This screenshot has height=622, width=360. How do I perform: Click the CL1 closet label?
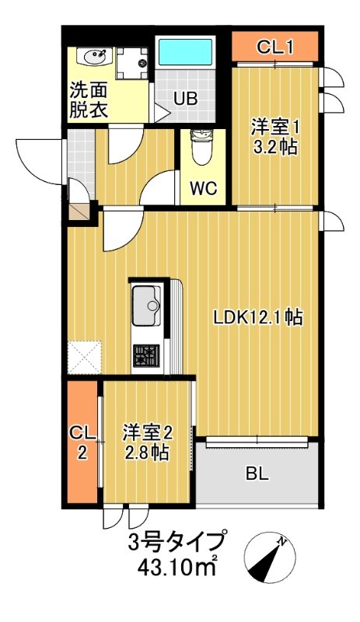pyautogui.click(x=275, y=47)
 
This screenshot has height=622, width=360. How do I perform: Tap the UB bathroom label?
pyautogui.click(x=184, y=99)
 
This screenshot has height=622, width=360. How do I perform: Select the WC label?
pyautogui.click(x=201, y=187)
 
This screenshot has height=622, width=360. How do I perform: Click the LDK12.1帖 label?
pyautogui.click(x=259, y=317)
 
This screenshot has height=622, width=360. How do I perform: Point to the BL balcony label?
pyautogui.click(x=257, y=473)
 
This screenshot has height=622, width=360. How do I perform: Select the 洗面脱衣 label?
pyautogui.click(x=87, y=100)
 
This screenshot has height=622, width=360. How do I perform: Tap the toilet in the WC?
pyautogui.click(x=201, y=148)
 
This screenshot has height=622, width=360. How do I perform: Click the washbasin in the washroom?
pyautogui.click(x=96, y=58)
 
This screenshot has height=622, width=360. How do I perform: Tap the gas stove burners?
pyautogui.click(x=145, y=356)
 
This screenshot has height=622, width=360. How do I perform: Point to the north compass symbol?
pyautogui.click(x=271, y=556)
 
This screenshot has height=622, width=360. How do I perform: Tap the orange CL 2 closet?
pyautogui.click(x=81, y=441)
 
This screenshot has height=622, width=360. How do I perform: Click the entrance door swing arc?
pyautogui.click(x=35, y=161)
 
